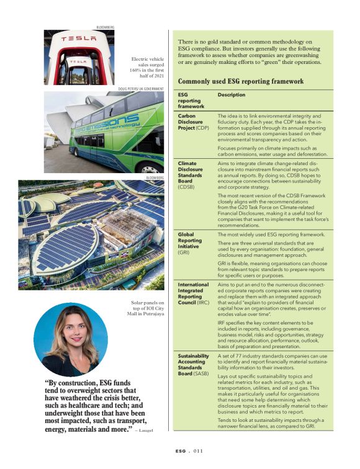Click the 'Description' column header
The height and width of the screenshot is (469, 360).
(231, 95)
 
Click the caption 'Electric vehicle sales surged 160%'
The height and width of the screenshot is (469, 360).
(147, 67)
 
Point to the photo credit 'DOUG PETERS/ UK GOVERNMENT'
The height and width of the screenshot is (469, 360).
(140, 89)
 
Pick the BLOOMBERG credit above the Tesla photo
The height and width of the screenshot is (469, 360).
(106, 27)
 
